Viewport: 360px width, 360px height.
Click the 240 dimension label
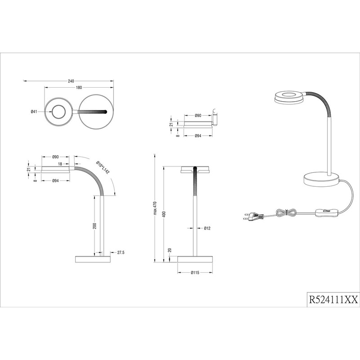(x=71, y=81)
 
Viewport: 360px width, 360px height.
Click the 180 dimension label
(x=79, y=88)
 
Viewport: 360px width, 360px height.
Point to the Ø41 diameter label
(x=34, y=112)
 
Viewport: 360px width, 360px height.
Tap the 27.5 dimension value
(x=120, y=253)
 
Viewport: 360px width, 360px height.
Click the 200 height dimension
(x=95, y=226)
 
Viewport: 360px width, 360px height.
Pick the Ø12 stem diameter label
(x=207, y=229)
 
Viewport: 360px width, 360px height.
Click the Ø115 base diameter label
(x=195, y=273)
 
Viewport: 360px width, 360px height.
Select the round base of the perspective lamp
(x=320, y=180)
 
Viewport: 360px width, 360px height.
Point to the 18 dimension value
(x=59, y=165)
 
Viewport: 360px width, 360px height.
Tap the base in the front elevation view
(x=195, y=260)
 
